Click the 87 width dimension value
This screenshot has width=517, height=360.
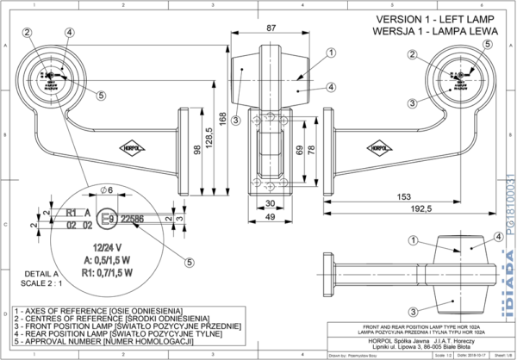[271, 29]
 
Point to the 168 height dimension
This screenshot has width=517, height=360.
[223, 118]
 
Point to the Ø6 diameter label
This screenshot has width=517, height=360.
[108, 189]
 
